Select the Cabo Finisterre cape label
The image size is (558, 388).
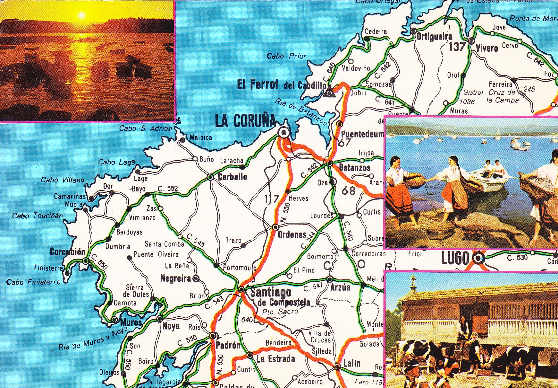coord(33,282)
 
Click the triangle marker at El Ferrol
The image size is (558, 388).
coord(328,93)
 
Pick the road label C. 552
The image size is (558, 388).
coord(168,189)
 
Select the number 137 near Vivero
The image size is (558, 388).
coord(457,47)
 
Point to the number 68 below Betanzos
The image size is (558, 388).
coord(348,190)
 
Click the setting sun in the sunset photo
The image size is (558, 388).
coord(81,15)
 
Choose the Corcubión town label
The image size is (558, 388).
coord(68,252)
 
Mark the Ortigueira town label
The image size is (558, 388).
coord(434,37)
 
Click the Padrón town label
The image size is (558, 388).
coord(228,345)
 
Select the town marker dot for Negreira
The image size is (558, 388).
coord(195,278)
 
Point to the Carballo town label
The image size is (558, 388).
coord(232,176)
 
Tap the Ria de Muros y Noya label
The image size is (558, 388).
coord(93,339)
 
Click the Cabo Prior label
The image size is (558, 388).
coord(286,56)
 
